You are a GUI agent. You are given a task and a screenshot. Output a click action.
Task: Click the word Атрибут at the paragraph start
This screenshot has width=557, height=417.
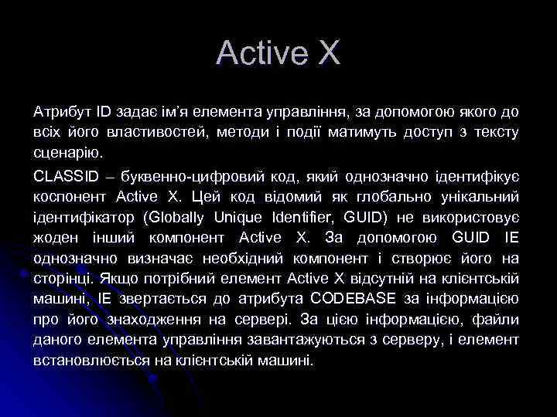point(59,113)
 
